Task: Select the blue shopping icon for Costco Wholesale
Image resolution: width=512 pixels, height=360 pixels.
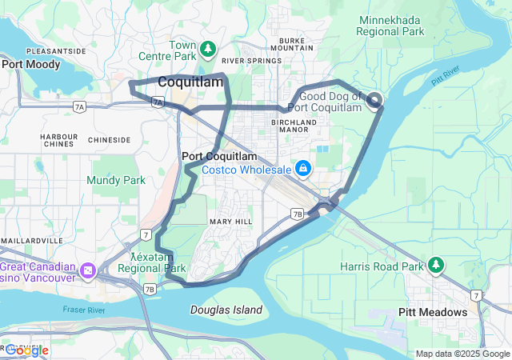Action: pos(304,169)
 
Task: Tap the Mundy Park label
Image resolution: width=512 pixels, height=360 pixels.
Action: pos(116,180)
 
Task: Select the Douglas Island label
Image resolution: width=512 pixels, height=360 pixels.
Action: pos(228,310)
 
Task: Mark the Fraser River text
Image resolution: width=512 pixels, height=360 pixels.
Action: pos(84,309)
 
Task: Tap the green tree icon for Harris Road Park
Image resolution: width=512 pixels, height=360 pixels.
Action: pos(435,264)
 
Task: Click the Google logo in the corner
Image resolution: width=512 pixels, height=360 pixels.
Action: pos(26,350)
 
